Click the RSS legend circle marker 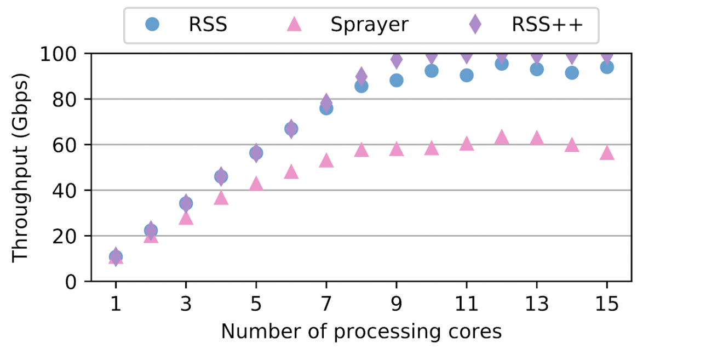point(153,24)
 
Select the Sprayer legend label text point(369,25)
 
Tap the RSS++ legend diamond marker point(475,24)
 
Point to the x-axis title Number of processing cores point(361,332)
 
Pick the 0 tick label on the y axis point(71,282)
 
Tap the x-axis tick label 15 point(606,304)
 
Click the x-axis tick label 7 point(326,304)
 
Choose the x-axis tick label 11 point(466,304)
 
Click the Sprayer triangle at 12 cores point(501,138)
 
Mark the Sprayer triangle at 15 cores point(606,153)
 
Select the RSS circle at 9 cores point(396,81)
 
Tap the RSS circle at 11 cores point(466,76)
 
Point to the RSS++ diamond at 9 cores point(396,59)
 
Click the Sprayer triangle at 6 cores point(291,172)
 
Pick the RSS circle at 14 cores point(571,73)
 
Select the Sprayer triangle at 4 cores point(221,198)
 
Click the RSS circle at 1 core point(116,256)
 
